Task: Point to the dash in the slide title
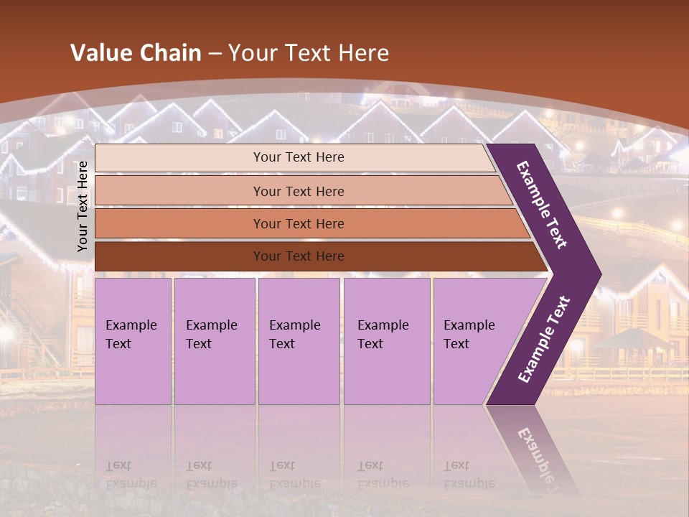point(215,54)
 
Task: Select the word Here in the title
point(363,53)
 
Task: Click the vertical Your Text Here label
point(83,206)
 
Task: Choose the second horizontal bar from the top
point(299,191)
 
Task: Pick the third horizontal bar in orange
point(299,223)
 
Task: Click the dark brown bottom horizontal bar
point(299,256)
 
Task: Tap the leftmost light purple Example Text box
point(133,340)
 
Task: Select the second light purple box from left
point(214,340)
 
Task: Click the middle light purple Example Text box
point(299,340)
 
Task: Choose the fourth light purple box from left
point(386,340)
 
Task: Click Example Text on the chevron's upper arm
point(542,205)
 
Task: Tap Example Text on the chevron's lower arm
point(544,339)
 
